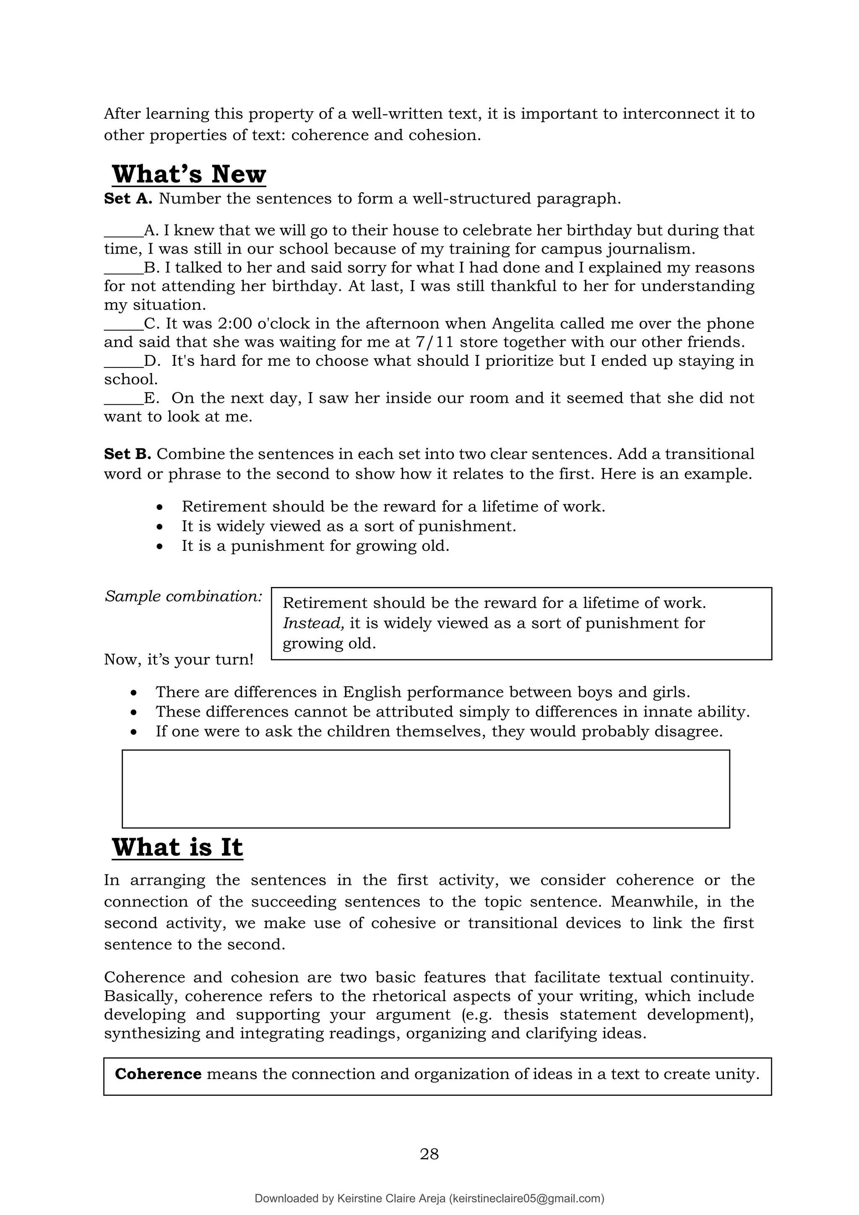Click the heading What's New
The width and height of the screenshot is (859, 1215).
coord(189,174)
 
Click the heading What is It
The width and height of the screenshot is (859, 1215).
coord(177,847)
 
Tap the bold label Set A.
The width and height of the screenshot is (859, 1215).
coord(128,198)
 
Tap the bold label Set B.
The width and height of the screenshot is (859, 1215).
coord(128,454)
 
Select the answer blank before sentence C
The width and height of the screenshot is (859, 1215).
coord(123,324)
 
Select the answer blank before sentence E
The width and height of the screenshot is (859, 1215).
coord(123,398)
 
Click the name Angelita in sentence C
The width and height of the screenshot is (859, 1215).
coord(522,323)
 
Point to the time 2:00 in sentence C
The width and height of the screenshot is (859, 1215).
coord(237,323)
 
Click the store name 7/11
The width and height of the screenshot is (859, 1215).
coord(434,342)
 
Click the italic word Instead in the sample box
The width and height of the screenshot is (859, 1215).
coord(313,623)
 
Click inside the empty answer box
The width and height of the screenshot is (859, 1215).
coord(425,788)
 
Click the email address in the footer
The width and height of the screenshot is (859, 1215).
coord(526,1198)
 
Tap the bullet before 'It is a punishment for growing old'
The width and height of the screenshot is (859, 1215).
coord(160,547)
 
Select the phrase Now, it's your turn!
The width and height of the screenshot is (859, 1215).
coord(178,660)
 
